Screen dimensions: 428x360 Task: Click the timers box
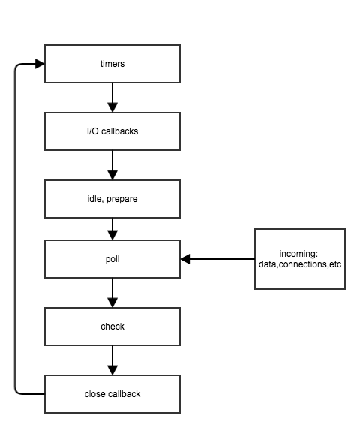(x=112, y=64)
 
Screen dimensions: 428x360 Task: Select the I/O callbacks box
(x=112, y=131)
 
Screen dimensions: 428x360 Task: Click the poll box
(x=112, y=259)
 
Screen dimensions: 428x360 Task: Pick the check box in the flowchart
(x=112, y=326)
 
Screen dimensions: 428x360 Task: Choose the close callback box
(x=112, y=393)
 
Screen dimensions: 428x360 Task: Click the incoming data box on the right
(x=299, y=259)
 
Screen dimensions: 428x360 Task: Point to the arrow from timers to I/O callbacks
(x=112, y=97)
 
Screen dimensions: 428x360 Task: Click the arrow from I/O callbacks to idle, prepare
(x=112, y=164)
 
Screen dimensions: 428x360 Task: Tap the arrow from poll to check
(x=112, y=292)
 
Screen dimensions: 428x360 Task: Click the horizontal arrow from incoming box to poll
(x=217, y=259)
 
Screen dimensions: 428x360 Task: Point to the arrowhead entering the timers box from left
(x=40, y=64)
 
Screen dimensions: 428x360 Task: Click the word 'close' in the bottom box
(x=94, y=393)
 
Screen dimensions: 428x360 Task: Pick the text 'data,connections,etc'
(x=299, y=264)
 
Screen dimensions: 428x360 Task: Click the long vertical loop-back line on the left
(x=15, y=225)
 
